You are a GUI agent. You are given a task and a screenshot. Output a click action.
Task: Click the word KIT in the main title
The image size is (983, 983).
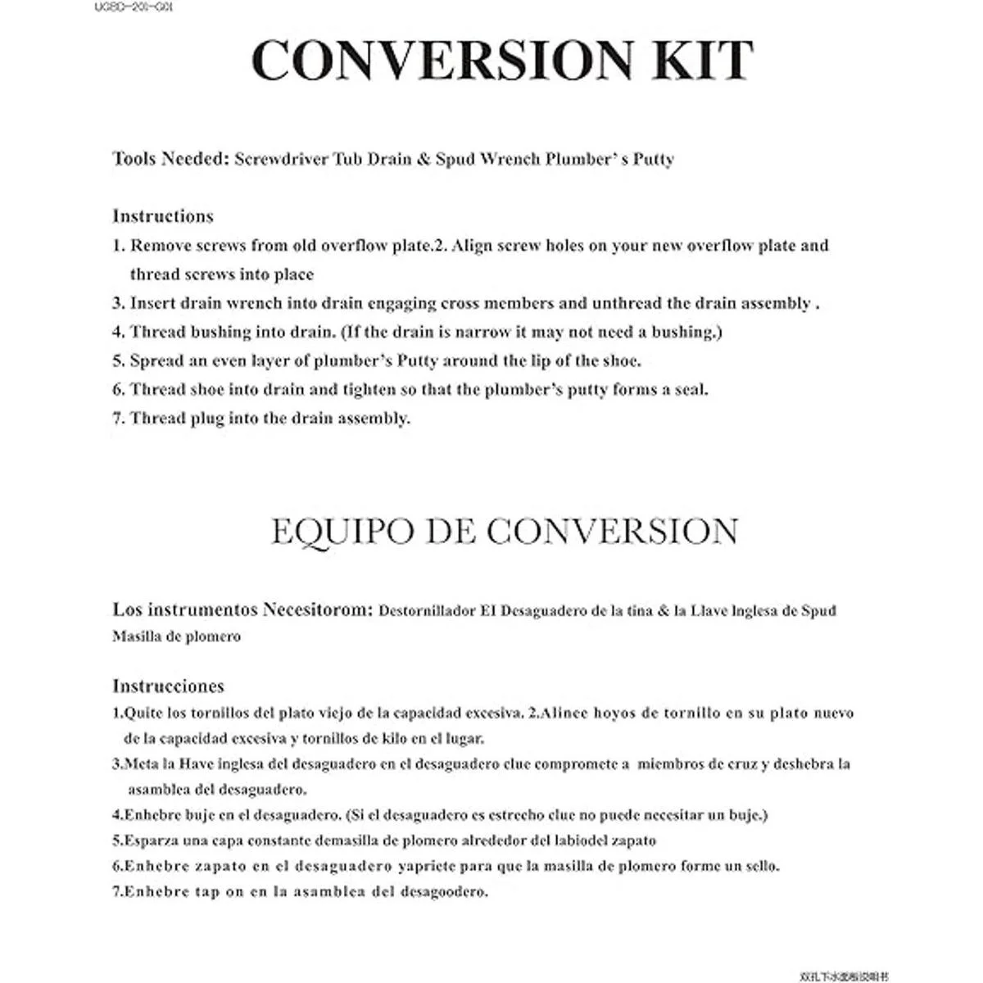coord(705,60)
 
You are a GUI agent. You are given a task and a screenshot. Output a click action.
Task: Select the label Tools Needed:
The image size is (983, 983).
coord(170,159)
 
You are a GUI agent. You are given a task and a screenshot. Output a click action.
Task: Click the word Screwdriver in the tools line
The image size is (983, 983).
coord(281,159)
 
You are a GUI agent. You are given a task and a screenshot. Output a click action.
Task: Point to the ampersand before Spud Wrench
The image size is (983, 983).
coord(424,159)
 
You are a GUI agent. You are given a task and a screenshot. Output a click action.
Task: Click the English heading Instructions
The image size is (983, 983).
coord(163,216)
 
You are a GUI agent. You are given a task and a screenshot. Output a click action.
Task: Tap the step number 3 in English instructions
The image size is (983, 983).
coord(118,303)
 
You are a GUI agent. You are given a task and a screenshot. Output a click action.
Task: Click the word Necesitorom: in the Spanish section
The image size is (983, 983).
coord(318,610)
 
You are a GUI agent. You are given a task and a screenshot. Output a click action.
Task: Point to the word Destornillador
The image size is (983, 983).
coord(428,611)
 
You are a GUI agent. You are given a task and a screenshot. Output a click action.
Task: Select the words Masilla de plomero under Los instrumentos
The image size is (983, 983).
coord(177,636)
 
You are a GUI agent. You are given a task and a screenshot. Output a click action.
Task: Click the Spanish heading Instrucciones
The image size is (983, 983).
coord(168,686)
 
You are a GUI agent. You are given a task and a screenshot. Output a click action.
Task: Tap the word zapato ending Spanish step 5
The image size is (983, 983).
coord(632,840)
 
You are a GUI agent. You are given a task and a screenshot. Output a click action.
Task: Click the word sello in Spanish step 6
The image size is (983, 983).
coord(760,866)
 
